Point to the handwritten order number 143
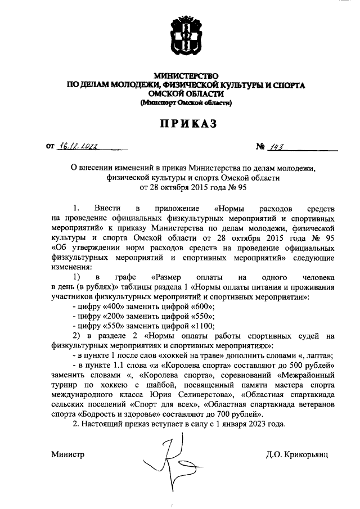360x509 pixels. [278, 148]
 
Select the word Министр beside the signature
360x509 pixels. [67, 453]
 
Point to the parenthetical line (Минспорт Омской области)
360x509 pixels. [185, 103]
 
